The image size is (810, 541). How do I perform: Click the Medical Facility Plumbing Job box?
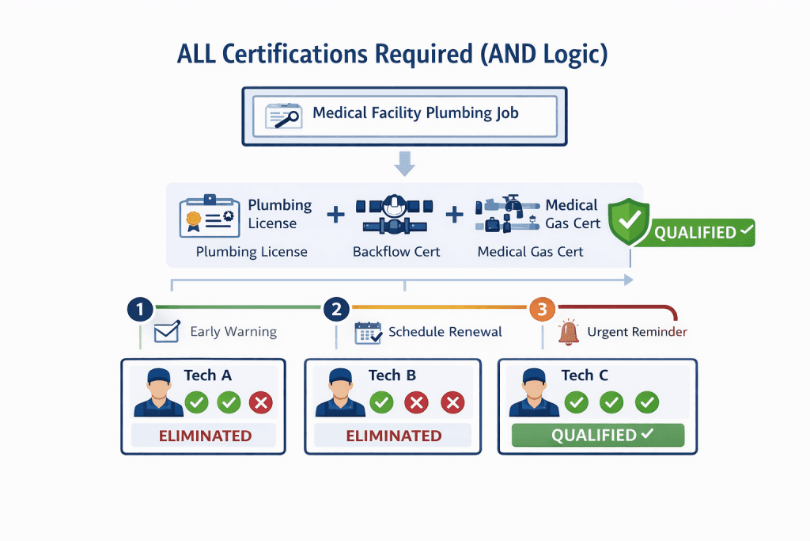404,116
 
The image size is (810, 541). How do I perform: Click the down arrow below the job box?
404,164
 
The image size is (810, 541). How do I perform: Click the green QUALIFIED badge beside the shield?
702,233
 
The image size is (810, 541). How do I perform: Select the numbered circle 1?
140,309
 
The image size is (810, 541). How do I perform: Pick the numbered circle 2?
336,309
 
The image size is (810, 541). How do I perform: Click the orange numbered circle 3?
542,309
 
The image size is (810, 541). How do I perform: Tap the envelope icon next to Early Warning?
166,332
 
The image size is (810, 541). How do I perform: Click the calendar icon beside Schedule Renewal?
368,332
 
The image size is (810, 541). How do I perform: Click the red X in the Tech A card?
261,402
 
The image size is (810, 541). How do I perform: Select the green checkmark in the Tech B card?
382,402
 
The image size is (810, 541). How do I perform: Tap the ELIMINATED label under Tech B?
394,436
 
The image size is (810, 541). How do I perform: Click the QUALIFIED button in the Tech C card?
597,436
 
